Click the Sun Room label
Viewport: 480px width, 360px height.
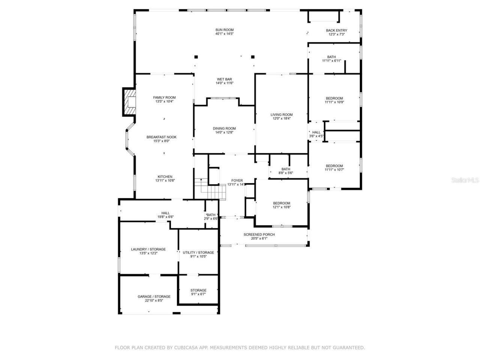224,30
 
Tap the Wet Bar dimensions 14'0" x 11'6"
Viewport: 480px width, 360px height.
224,83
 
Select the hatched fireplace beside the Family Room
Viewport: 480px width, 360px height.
129,102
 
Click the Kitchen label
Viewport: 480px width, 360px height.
165,177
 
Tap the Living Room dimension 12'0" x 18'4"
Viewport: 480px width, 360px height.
282,118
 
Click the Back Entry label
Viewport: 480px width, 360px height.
336,30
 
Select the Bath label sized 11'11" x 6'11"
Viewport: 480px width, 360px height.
331,57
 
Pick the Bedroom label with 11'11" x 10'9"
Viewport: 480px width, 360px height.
334,98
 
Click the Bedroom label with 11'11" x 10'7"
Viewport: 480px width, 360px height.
334,166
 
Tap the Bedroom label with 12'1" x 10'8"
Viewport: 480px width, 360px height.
281,203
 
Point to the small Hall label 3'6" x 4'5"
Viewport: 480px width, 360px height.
316,132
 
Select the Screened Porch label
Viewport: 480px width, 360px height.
259,235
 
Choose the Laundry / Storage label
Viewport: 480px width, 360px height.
148,249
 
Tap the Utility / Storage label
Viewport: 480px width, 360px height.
198,252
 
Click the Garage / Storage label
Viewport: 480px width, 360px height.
154,297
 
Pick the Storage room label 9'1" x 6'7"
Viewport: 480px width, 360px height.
198,290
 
